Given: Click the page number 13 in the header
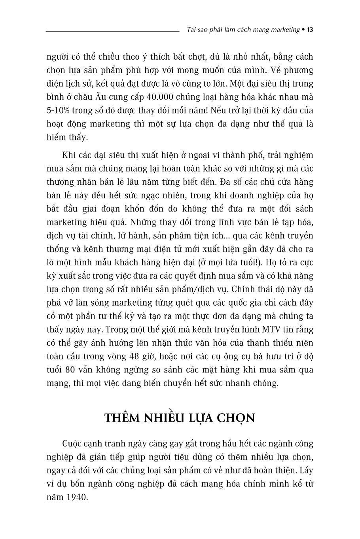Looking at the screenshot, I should point(310,30).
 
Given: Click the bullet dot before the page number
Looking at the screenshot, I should point(303,30).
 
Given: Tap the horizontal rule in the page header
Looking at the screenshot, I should point(113,30).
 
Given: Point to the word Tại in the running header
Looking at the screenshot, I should point(192,30).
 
